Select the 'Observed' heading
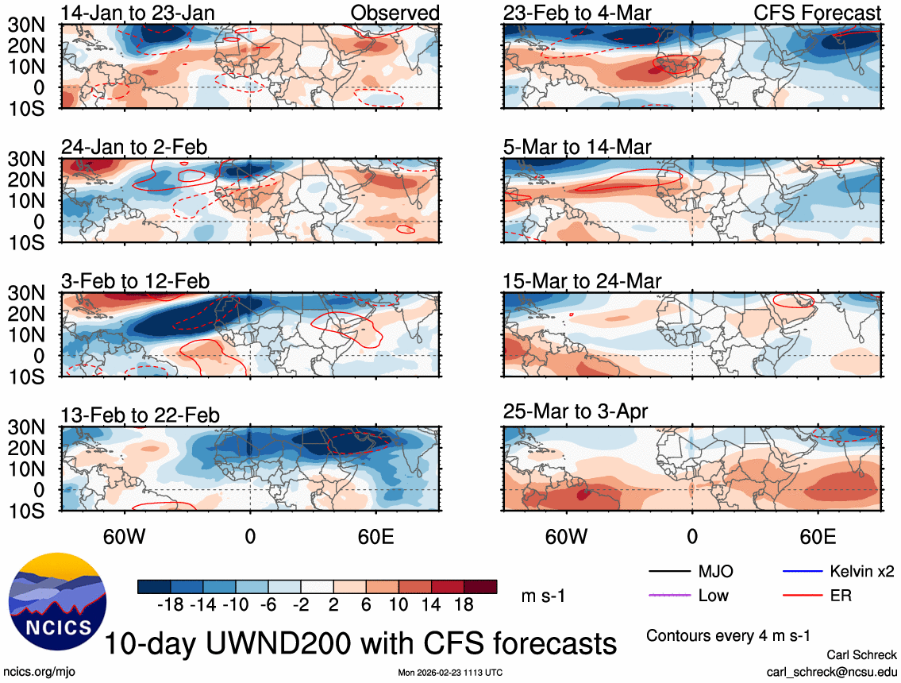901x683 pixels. pyautogui.click(x=395, y=13)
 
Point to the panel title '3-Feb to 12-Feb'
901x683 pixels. pyautogui.click(x=136, y=281)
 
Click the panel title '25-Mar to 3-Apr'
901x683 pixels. pyautogui.click(x=576, y=411)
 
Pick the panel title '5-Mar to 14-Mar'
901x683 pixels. pyautogui.click(x=577, y=147)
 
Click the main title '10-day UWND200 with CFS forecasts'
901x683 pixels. pyautogui.click(x=361, y=642)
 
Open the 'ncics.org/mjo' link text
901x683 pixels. pyautogui.click(x=36, y=671)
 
